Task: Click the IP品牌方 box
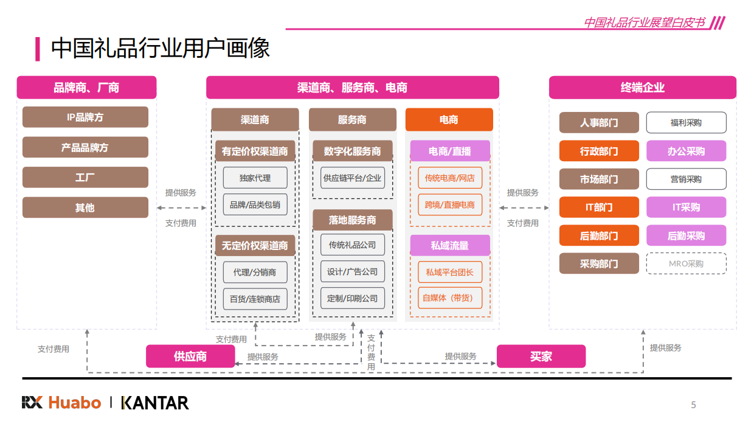click(x=85, y=117)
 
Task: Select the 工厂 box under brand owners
click(x=85, y=177)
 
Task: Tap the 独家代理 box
click(x=255, y=178)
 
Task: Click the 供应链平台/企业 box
click(x=353, y=178)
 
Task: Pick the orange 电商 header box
click(x=449, y=120)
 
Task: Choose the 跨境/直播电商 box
click(x=450, y=204)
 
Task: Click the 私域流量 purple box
click(x=450, y=245)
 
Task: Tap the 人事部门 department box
click(x=599, y=122)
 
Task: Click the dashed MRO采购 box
click(x=686, y=263)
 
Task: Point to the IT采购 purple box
click(x=686, y=207)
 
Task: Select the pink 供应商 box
click(x=190, y=356)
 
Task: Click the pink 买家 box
click(x=541, y=356)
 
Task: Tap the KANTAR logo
click(x=155, y=403)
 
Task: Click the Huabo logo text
click(x=74, y=403)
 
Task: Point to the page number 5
click(x=693, y=405)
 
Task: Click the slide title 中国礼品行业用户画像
click(x=161, y=49)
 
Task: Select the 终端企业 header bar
click(x=642, y=88)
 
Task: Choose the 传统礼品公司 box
click(x=353, y=245)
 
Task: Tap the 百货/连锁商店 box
click(x=255, y=299)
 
